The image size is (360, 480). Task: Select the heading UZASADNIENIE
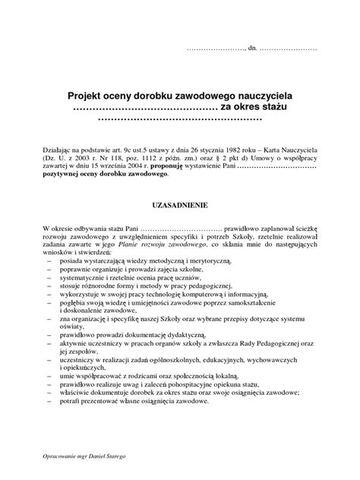[180, 205]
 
